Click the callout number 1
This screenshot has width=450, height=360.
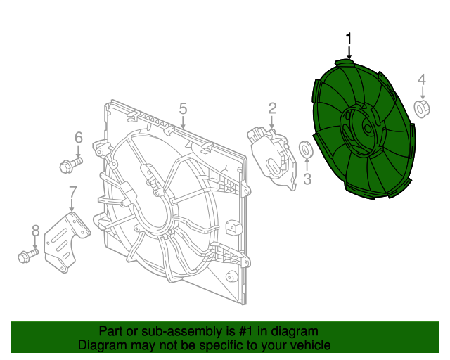click(x=349, y=40)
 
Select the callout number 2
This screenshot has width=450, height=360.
click(x=272, y=108)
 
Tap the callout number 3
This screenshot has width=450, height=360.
click(x=307, y=180)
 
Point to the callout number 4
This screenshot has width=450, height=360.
click(x=422, y=79)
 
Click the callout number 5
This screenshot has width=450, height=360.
click(x=183, y=108)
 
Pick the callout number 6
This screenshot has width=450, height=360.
click(x=79, y=137)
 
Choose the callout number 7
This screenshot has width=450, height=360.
click(x=72, y=191)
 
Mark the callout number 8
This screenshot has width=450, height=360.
click(x=35, y=230)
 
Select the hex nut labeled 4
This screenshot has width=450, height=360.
click(x=423, y=109)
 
